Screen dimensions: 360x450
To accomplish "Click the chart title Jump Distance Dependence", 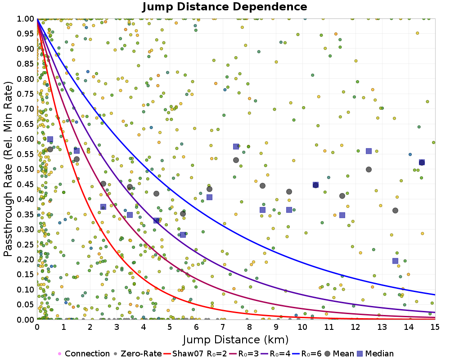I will [225, 7].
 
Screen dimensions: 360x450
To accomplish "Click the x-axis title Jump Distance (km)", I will [235, 339].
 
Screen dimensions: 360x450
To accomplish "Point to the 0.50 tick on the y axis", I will [26, 169].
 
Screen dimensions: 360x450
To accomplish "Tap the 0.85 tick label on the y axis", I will [26, 63].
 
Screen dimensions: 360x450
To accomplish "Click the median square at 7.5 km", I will [236, 146].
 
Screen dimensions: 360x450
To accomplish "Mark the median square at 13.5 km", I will [395, 261].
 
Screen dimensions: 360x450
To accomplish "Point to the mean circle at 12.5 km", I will [369, 169].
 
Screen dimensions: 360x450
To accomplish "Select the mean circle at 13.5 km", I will [395, 210].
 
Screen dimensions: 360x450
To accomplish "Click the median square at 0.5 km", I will [50, 139].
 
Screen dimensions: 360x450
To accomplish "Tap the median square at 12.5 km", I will [369, 151].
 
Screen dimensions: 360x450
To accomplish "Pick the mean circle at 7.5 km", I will [236, 160].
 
